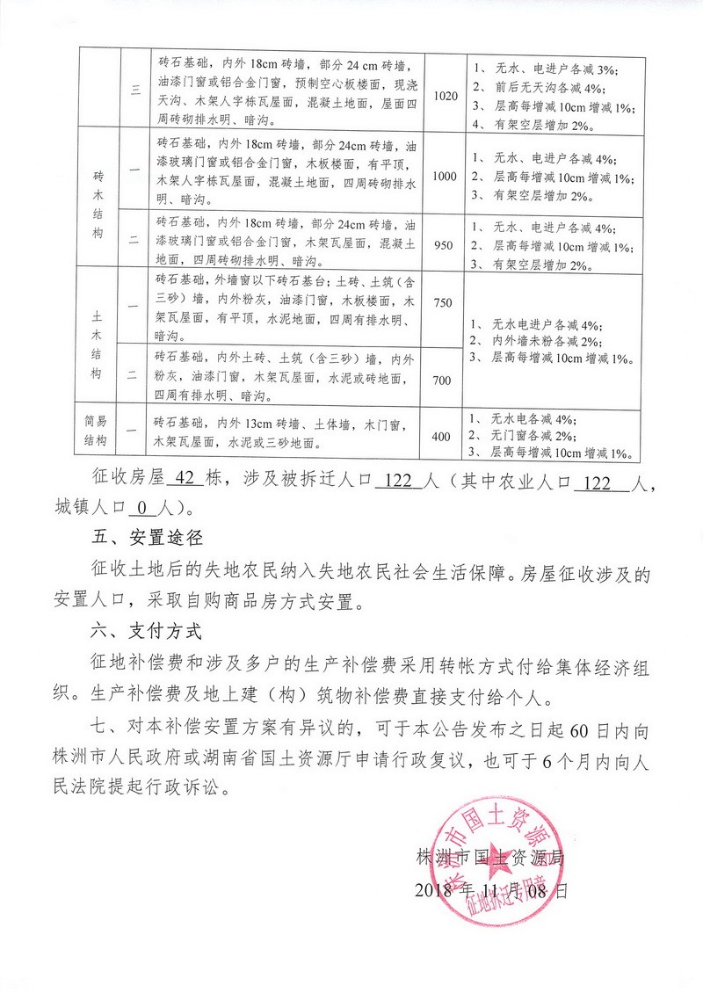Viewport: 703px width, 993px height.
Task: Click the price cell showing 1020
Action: pos(446,95)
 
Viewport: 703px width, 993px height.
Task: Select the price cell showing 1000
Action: pos(445,176)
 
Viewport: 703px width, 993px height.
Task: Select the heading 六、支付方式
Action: pos(146,632)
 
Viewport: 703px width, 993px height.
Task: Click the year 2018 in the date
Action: pos(432,889)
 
